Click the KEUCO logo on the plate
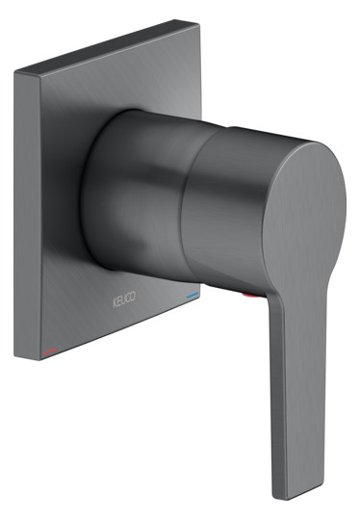point(124,299)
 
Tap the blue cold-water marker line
point(193,296)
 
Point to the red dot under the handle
point(250,297)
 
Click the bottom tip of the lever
point(282,497)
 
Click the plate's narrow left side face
point(28,216)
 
